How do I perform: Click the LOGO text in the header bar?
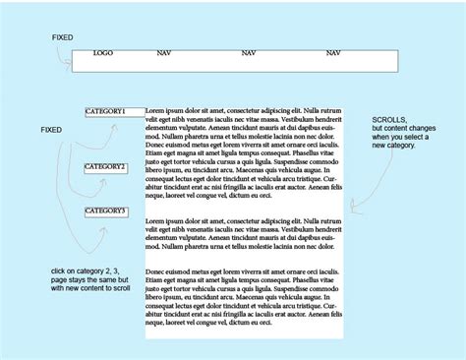point(103,52)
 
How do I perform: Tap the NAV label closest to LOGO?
point(163,52)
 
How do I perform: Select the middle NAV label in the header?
point(249,52)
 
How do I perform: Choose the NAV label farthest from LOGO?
point(333,52)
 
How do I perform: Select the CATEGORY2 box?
point(106,167)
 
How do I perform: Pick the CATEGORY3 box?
point(106,211)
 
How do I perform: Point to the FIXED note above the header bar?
point(62,36)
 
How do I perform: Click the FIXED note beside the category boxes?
point(50,129)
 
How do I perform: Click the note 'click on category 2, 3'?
point(89,268)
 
